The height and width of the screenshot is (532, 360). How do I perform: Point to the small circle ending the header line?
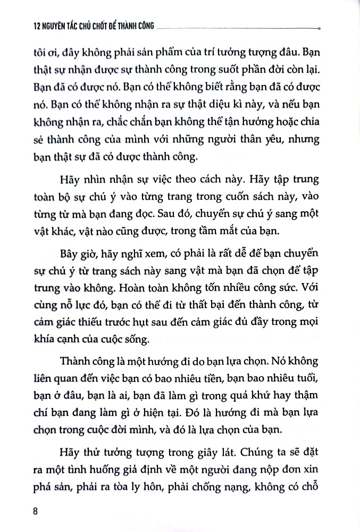click(x=318, y=27)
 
